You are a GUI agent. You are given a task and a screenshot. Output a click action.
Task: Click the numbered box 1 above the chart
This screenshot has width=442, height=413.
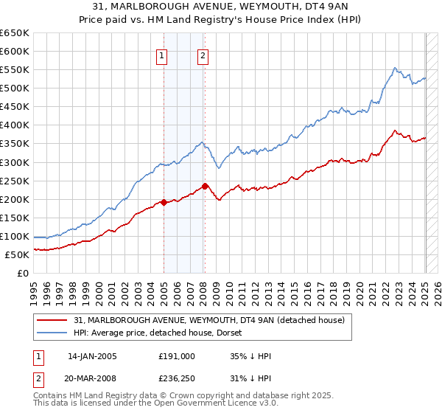pyautogui.click(x=161, y=54)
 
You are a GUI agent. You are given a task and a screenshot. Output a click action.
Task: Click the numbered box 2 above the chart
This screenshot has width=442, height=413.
pyautogui.click(x=202, y=54)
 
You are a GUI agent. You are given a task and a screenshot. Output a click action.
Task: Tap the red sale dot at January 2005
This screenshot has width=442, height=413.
pyautogui.click(x=164, y=202)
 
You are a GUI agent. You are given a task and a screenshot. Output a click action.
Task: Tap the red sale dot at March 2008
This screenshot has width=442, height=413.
pyautogui.click(x=205, y=186)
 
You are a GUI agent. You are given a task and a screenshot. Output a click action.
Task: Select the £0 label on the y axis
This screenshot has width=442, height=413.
pyautogui.click(x=23, y=273)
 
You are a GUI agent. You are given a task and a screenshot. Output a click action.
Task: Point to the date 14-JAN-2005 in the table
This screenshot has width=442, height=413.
pyautogui.click(x=92, y=355)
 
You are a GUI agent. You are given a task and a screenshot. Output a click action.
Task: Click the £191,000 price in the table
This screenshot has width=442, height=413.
pyautogui.click(x=176, y=355)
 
